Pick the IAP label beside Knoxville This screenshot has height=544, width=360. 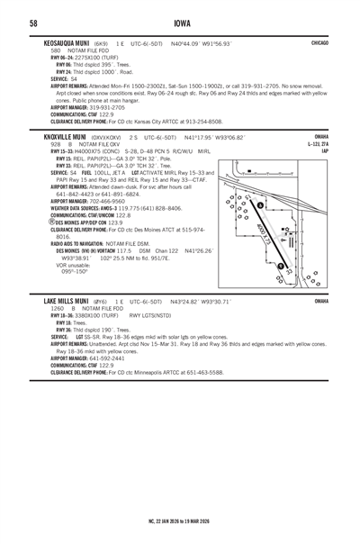[x=325, y=150]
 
